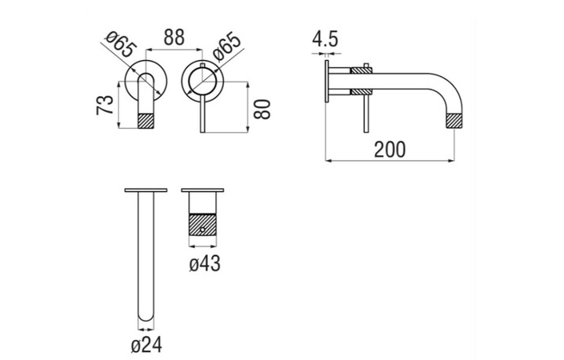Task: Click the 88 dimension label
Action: [x=174, y=38]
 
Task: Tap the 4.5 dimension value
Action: [x=325, y=39]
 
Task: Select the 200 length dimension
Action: [x=390, y=150]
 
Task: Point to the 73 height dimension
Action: [x=105, y=105]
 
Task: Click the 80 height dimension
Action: [x=262, y=110]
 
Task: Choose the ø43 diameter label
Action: [x=205, y=264]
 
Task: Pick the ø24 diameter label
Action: [x=146, y=346]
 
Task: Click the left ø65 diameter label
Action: [x=121, y=44]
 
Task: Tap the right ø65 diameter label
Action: [x=226, y=46]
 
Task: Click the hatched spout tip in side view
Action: [x=454, y=121]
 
